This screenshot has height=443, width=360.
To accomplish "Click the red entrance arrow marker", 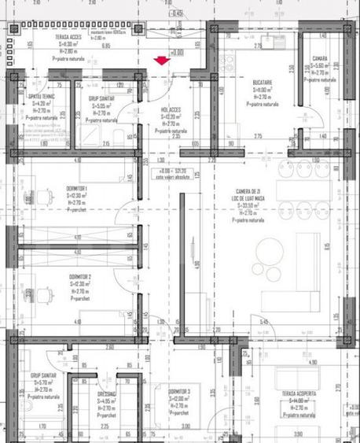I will coord(162,60).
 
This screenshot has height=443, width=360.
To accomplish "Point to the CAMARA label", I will coord(319,59).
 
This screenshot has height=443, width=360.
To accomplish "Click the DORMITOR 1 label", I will coord(76,189).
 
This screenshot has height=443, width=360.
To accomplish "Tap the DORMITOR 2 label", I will coord(80,277).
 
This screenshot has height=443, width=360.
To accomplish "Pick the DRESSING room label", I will coord(107,393).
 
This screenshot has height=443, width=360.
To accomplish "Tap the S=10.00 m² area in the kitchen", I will coord(263,90).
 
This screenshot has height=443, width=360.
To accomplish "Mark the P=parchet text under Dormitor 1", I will coord(76,210).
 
